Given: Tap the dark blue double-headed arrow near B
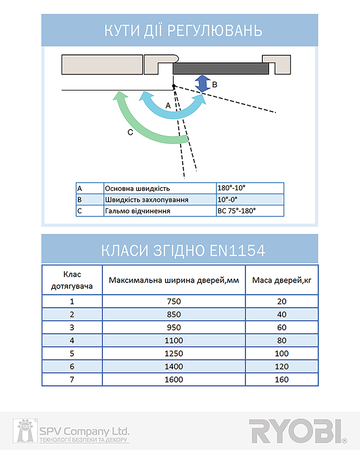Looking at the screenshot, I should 202,84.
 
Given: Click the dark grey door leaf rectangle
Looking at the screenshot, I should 220,68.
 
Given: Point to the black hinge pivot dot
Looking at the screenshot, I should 173,86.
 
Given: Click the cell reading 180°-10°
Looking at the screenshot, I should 250,188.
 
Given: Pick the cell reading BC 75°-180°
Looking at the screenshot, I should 250,211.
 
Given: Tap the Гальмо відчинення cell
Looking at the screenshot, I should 137,211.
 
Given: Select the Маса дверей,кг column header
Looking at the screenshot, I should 282,280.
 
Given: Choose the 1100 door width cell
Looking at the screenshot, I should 174,340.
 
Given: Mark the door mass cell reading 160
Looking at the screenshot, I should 282,379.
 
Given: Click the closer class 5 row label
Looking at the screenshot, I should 72,353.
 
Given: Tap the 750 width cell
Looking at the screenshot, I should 174,301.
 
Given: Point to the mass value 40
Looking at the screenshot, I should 282,314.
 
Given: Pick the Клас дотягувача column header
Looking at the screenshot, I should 72,280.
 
